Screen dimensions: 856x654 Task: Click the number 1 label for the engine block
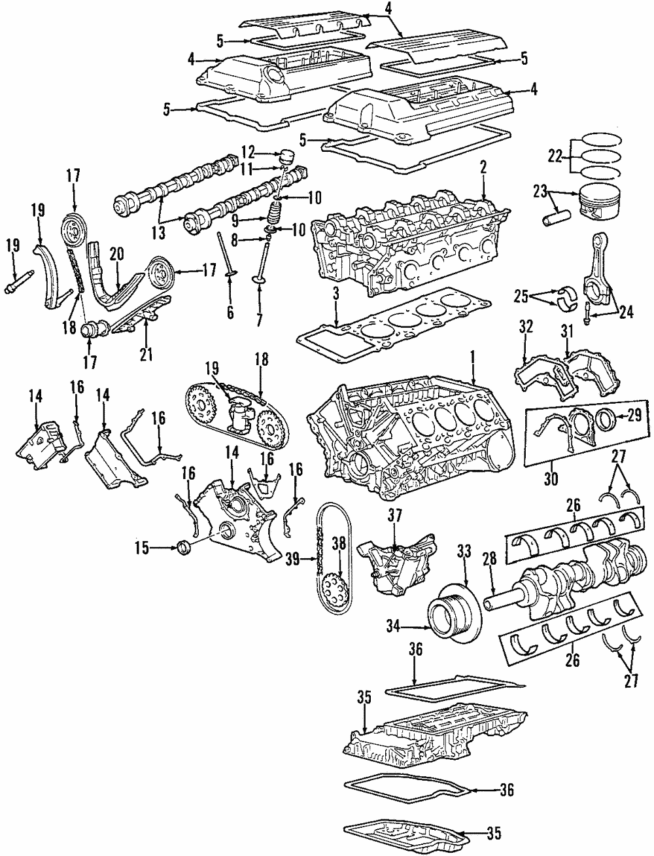coord(471,359)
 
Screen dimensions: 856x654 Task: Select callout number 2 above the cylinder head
coord(483,168)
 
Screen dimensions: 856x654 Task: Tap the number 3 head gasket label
coord(335,294)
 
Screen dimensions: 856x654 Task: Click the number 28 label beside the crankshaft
coord(490,558)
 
